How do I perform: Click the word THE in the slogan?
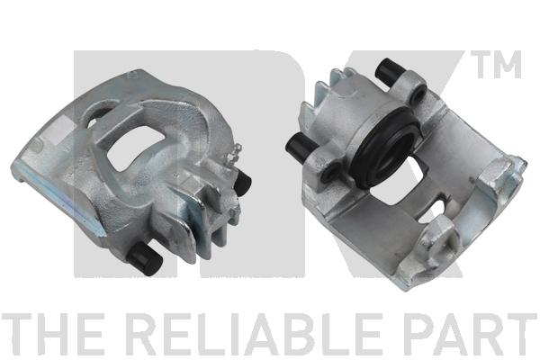(x=52, y=334)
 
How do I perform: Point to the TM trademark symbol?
(x=496, y=64)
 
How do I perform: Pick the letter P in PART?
(x=418, y=334)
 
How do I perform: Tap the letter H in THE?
(x=54, y=334)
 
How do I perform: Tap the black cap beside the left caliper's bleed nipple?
(x=242, y=182)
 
